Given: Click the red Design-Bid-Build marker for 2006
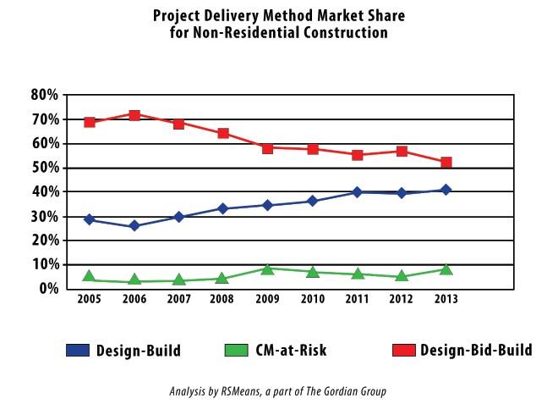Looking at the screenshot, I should point(134,115).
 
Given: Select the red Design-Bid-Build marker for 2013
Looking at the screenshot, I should point(446,162).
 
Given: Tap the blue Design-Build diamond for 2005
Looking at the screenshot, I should point(90,219).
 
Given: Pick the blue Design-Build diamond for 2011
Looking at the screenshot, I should point(358,192).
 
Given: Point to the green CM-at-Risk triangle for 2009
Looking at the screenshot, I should point(268,268).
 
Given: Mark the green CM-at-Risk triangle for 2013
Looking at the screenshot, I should point(446,269).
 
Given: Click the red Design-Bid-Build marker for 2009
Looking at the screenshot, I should point(268,147).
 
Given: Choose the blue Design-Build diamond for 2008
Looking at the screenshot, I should point(223,208).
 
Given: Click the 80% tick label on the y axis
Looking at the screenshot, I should point(45,95).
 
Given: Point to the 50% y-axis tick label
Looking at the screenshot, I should point(45,168).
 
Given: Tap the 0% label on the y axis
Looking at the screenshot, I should point(48,289).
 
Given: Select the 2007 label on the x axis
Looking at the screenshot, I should point(178,301).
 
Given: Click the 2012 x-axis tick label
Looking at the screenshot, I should point(402,301).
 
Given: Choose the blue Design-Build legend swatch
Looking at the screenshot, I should point(78,350).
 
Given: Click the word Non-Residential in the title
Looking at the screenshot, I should point(243,33).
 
